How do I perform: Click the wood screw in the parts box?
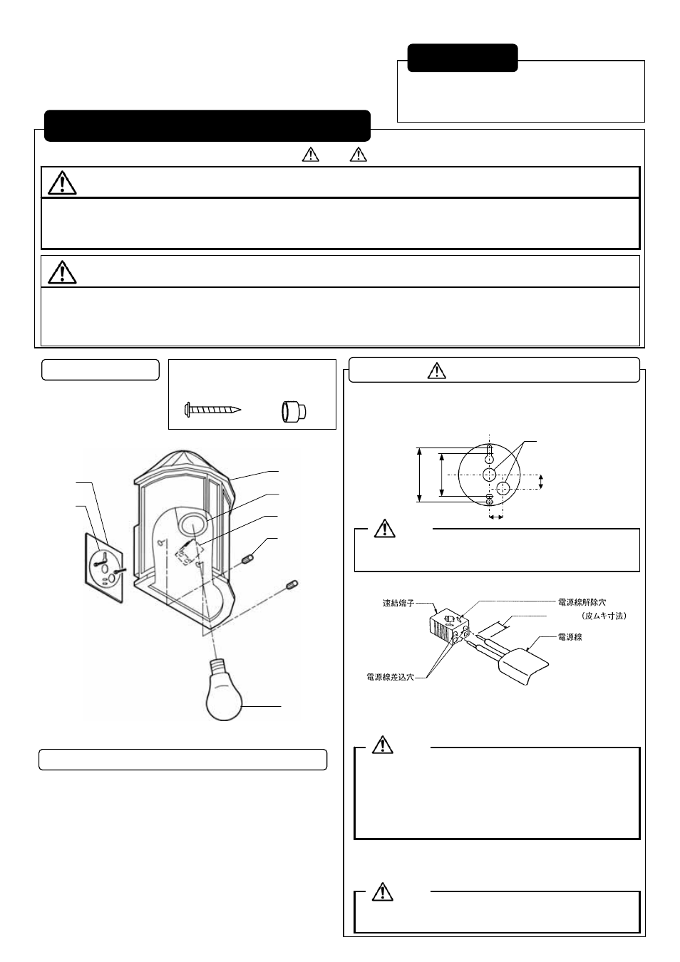[x=213, y=410]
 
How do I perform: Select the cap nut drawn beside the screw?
[x=292, y=411]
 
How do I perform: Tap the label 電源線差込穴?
[x=390, y=677]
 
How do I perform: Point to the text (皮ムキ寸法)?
[x=602, y=616]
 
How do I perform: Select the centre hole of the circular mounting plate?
[x=489, y=475]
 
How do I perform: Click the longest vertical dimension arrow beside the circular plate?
[x=421, y=475]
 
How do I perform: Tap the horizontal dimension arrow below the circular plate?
[x=496, y=518]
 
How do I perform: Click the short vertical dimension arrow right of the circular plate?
[x=541, y=482]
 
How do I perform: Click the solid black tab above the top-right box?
[x=462, y=58]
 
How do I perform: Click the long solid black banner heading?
[x=207, y=126]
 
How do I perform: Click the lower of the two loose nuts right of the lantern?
[x=291, y=585]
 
